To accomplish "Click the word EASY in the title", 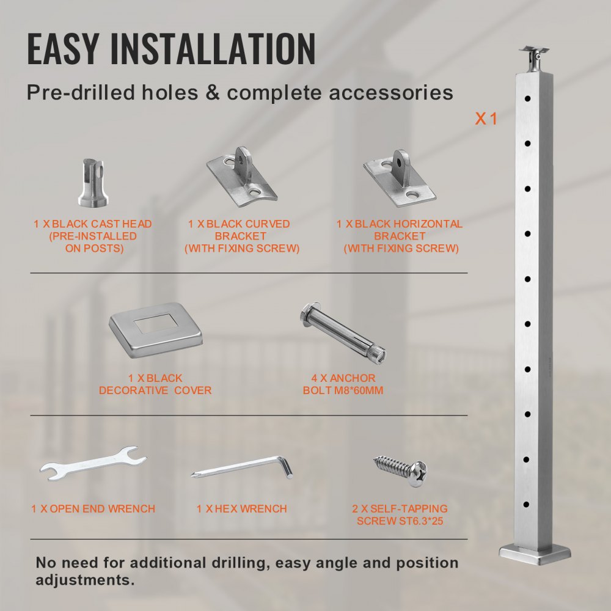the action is point(62,48).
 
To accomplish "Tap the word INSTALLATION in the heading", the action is point(213,48).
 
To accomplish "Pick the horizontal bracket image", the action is point(400,178).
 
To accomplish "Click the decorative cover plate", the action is point(156,330).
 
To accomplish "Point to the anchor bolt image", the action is point(343,333).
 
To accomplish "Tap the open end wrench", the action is point(93,463).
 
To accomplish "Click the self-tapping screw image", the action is point(400,470).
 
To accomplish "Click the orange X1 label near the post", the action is point(486,119).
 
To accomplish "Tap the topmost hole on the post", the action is point(527,98).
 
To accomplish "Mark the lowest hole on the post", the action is point(527,505).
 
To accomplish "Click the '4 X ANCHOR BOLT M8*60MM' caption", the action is point(343,384).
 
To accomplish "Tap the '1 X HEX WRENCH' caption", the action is point(241,508).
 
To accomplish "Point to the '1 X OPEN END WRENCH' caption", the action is point(93,508).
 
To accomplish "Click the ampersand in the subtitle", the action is point(213,93).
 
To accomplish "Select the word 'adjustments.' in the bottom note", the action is point(85,580).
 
